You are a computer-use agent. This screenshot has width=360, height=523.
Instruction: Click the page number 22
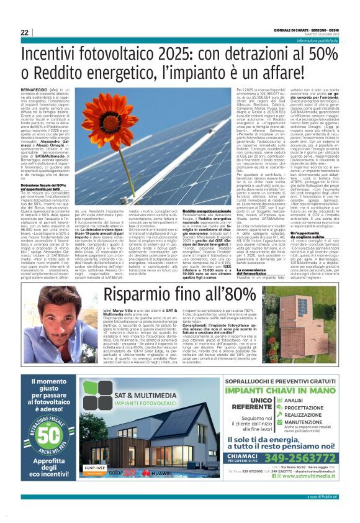[x=24, y=32]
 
